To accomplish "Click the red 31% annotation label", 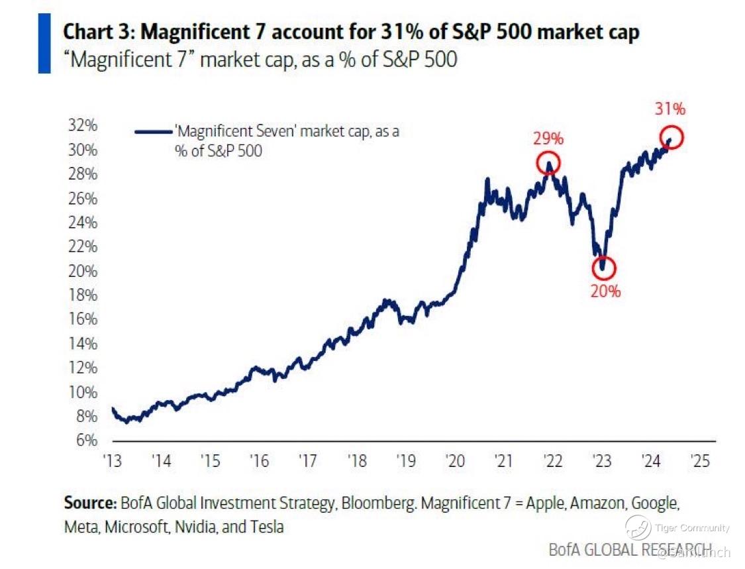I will [x=669, y=109].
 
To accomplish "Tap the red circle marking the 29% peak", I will [x=549, y=162].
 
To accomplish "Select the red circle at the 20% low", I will [x=603, y=268].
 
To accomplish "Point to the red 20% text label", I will [x=606, y=291].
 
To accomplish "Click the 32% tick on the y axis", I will [x=83, y=125].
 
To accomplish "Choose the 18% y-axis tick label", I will [x=83, y=295].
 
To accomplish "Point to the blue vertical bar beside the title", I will [x=44, y=42].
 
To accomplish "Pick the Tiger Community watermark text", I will [x=691, y=528].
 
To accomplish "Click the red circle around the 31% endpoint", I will [x=670, y=138].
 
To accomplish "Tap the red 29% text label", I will [x=548, y=140].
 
